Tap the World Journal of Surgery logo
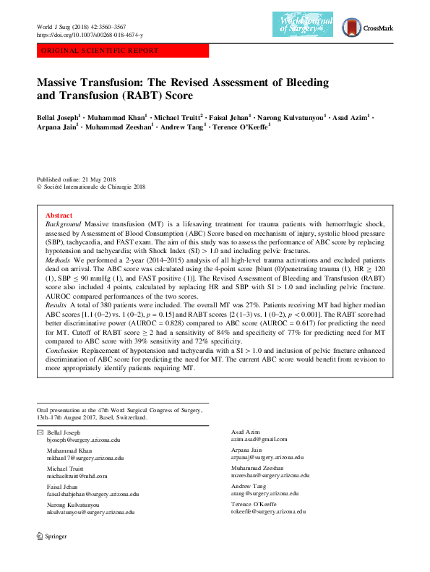click(306, 27)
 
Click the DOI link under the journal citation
click(90, 35)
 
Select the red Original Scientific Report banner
click(122, 51)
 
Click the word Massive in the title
click(62, 82)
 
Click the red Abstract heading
click(59, 215)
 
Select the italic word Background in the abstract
click(62, 226)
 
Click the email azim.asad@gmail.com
click(259, 439)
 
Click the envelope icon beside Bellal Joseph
click(40, 432)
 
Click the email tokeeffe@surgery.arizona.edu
click(269, 511)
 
